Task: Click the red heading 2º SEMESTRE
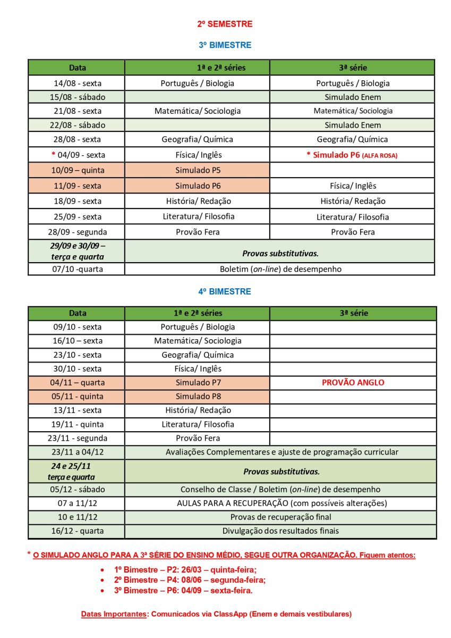tap(225, 24)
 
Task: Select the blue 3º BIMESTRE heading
tap(225, 45)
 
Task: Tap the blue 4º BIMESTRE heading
tap(225, 291)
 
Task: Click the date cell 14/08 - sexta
tap(78, 83)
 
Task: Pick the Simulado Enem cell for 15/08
tap(353, 97)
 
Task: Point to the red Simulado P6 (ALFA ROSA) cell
tap(352, 155)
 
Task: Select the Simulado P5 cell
tap(197, 171)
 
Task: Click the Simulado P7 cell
tap(197, 382)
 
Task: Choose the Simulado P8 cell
tap(197, 396)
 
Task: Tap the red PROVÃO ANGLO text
tap(353, 382)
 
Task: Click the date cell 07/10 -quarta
tap(78, 269)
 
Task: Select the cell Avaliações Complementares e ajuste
tap(281, 452)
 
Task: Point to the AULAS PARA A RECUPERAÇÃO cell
tap(281, 503)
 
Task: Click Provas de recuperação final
tap(281, 517)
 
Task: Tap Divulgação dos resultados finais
tap(281, 531)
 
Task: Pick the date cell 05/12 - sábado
tap(78, 489)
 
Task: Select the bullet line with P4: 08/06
tap(190, 580)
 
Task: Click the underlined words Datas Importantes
tap(114, 614)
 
